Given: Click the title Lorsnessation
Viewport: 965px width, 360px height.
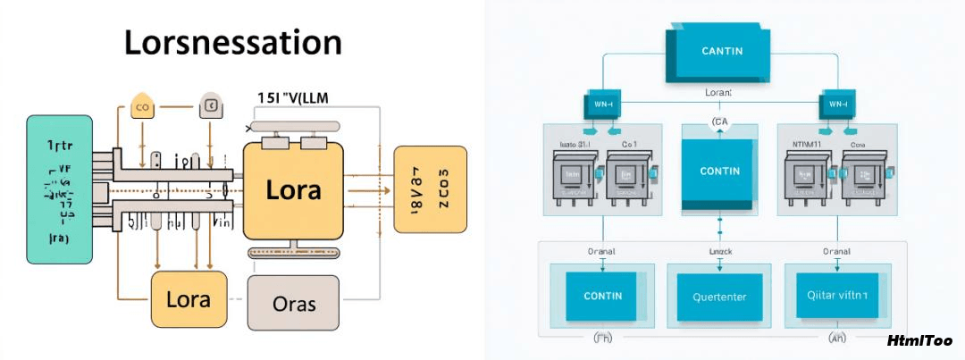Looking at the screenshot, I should point(232,44).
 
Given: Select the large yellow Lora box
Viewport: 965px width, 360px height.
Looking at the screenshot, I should point(294,188).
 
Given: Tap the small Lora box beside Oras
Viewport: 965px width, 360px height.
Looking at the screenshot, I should point(188,297).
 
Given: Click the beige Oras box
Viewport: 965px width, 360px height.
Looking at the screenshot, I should point(294,304).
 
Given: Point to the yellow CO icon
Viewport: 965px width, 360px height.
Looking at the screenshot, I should point(141,107).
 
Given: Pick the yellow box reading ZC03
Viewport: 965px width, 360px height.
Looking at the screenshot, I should point(430,188).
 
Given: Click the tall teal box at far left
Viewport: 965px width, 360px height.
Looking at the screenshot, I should point(60,188).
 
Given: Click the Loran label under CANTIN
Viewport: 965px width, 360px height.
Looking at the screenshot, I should point(717,92).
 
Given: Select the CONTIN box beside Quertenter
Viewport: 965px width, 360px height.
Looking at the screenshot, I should point(602,296).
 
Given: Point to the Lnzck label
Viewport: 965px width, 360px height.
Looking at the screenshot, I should point(719,252).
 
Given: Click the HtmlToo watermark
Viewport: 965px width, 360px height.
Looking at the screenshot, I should point(919,341).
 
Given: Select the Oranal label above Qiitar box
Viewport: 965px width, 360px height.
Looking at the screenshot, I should point(835,252).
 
